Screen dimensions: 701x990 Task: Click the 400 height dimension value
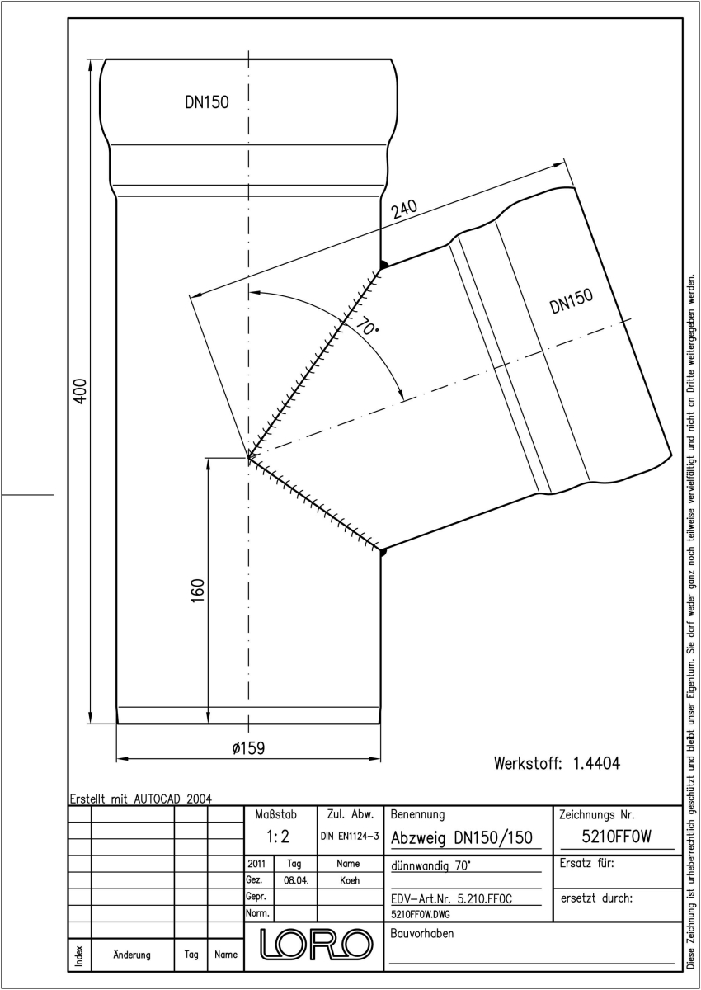pyautogui.click(x=80, y=391)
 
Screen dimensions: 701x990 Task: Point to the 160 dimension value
pyautogui.click(x=198, y=590)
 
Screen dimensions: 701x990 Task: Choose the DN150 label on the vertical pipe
pyautogui.click(x=207, y=102)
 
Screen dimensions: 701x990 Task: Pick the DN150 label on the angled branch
pyautogui.click(x=572, y=300)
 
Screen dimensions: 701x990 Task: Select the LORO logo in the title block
pyautogui.click(x=315, y=945)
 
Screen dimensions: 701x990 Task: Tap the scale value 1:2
pyautogui.click(x=278, y=837)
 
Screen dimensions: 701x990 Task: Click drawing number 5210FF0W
pyautogui.click(x=617, y=837)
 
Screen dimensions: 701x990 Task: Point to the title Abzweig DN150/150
pyautogui.click(x=462, y=837)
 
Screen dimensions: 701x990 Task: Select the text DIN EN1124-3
pyautogui.click(x=350, y=837)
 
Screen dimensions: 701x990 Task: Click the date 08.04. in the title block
pyautogui.click(x=296, y=880)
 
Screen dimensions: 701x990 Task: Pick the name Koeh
pyautogui.click(x=350, y=880)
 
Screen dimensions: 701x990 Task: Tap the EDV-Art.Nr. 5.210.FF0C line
pyautogui.click(x=451, y=899)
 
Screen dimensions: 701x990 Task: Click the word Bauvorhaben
pyautogui.click(x=421, y=933)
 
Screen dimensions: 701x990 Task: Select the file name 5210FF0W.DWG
pyautogui.click(x=420, y=914)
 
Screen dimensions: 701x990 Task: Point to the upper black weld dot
pyautogui.click(x=383, y=265)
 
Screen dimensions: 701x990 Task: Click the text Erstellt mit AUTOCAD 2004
pyautogui.click(x=141, y=799)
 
